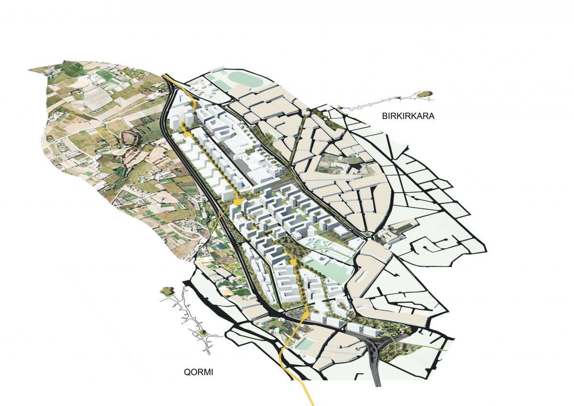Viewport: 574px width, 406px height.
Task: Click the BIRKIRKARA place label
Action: pos(408,116)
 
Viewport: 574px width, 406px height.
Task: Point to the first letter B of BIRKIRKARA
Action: pos(384,116)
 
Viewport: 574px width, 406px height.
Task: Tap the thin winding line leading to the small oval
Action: pos(378,104)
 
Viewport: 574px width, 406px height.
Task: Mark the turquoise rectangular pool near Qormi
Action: pos(303,344)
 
